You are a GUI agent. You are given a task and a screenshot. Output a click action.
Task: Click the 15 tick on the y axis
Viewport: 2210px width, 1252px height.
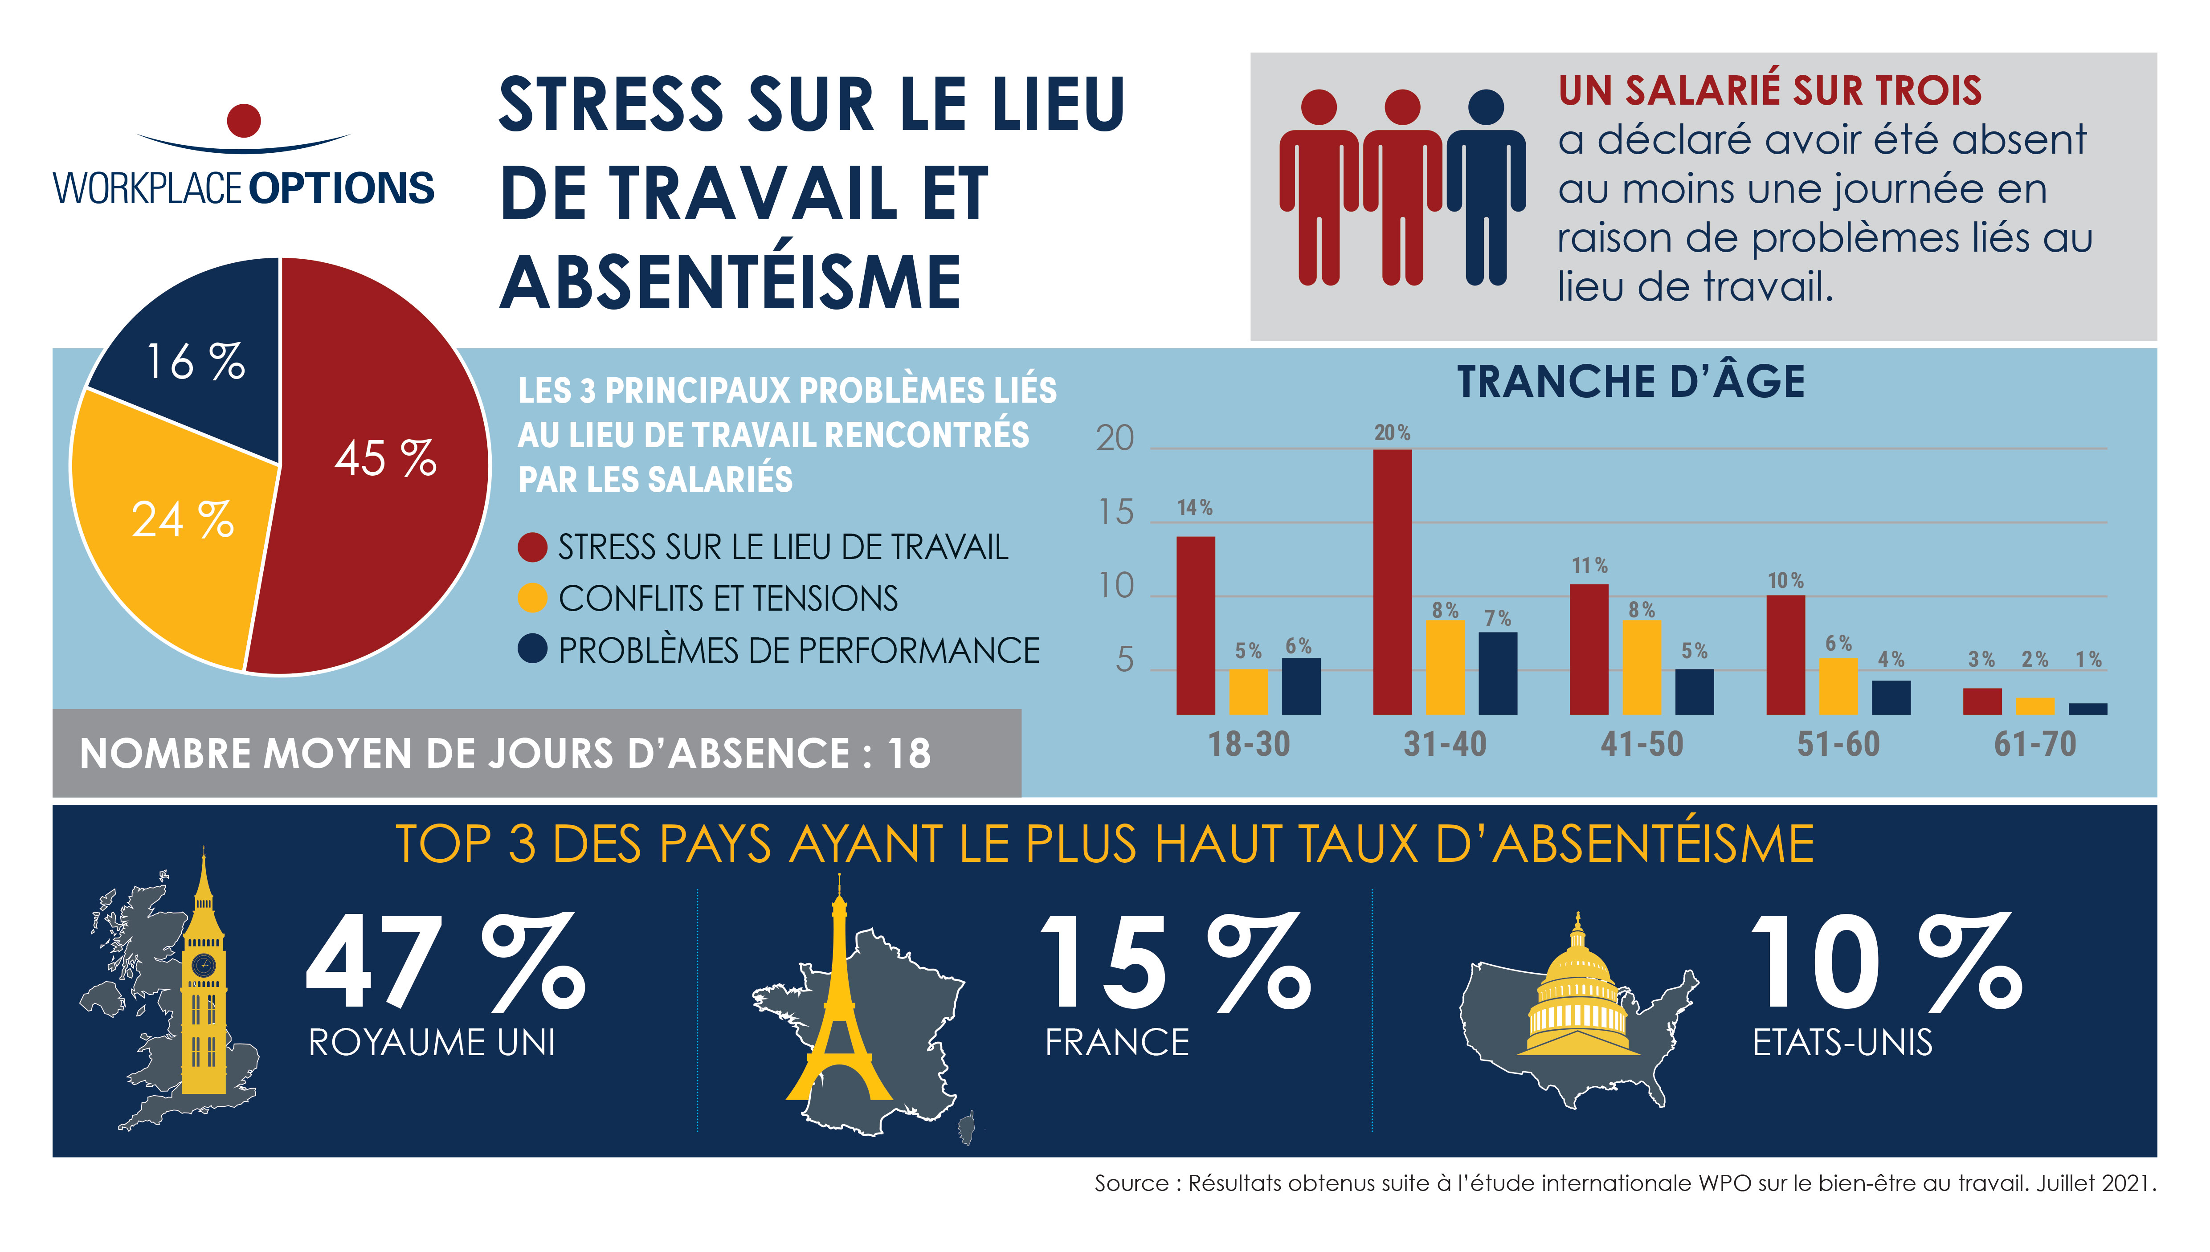coord(1115,514)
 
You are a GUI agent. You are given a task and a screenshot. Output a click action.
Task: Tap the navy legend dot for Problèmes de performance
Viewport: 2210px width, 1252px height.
coord(532,649)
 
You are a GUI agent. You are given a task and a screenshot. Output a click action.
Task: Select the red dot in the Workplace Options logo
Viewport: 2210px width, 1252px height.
coord(244,120)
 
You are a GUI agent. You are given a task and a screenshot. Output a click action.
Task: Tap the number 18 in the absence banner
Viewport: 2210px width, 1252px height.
coord(909,754)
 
